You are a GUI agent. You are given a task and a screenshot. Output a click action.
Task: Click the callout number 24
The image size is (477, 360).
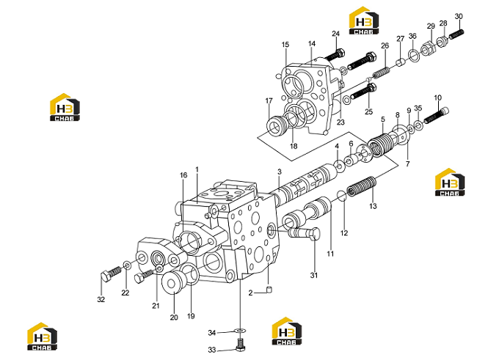pyautogui.click(x=335, y=34)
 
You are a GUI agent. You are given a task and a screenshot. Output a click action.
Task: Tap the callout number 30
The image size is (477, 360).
pyautogui.click(x=459, y=16)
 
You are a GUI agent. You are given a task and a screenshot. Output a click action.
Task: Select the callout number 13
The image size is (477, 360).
pyautogui.click(x=373, y=206)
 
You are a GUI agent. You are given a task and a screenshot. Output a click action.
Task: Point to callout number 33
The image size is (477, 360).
pyautogui.click(x=212, y=350)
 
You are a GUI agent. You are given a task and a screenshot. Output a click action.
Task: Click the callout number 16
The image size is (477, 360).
pyautogui.click(x=183, y=175)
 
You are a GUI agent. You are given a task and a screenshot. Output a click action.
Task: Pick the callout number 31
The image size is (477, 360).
pyautogui.click(x=314, y=275)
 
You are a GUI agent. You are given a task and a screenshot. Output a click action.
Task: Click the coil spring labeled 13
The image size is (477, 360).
pyautogui.click(x=362, y=187)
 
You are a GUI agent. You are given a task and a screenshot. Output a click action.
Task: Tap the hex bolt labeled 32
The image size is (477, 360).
pyautogui.click(x=110, y=274)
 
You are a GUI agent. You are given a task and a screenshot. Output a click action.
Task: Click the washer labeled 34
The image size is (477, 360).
pyautogui.click(x=240, y=331)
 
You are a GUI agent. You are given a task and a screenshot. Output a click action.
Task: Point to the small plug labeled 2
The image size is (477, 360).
pyautogui.click(x=269, y=290)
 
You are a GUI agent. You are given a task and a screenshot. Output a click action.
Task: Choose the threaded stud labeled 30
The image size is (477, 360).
pyautogui.click(x=456, y=34)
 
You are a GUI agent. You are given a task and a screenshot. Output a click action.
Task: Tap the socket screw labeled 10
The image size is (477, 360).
pyautogui.click(x=436, y=115)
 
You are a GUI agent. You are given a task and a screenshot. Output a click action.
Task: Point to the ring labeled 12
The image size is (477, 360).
pyautogui.click(x=342, y=196)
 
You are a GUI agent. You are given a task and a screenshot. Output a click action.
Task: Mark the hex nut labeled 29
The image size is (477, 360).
pyautogui.click(x=428, y=48)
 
